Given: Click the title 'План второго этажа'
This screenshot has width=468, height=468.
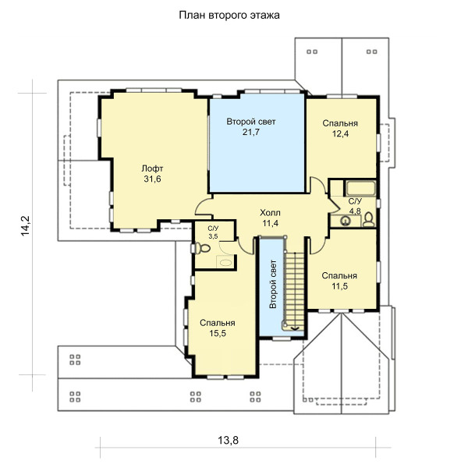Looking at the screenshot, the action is click(229, 16).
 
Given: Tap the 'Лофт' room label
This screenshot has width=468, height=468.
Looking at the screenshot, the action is click(152, 168).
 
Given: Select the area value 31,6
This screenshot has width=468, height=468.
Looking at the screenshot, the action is click(152, 179).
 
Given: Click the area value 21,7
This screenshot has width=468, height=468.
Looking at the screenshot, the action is click(251, 132).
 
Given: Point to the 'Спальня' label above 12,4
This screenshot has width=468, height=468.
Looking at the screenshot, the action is click(340, 123).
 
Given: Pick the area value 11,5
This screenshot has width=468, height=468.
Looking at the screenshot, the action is click(339, 286).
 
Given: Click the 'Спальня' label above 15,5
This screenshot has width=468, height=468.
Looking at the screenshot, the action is click(218, 323).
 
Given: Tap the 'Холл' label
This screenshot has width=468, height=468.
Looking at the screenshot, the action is click(270, 213).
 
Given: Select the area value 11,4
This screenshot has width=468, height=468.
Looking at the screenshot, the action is click(271, 223).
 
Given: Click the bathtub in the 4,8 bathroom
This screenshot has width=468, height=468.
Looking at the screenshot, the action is click(360, 188).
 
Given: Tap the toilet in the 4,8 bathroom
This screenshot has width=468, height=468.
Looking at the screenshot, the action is click(369, 220).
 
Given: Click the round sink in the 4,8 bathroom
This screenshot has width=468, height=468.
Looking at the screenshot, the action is click(346, 221).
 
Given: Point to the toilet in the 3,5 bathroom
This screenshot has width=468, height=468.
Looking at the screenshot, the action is click(203, 248).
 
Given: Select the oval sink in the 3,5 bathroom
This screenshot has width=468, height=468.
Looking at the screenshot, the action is click(225, 263).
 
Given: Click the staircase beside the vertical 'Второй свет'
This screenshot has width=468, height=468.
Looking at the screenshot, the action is click(294, 291).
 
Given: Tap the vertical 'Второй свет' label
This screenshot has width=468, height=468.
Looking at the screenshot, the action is click(273, 284).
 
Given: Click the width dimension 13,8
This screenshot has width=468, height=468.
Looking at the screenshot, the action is click(229, 440).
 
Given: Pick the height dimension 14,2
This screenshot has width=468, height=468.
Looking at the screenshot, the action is click(26, 226).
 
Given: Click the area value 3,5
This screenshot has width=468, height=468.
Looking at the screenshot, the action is click(213, 236).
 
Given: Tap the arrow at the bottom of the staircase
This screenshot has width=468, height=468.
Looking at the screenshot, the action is click(296, 328).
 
